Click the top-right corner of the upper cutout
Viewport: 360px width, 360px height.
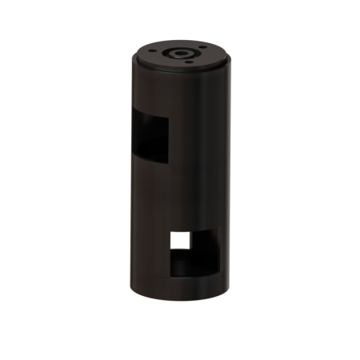point(169,118)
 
